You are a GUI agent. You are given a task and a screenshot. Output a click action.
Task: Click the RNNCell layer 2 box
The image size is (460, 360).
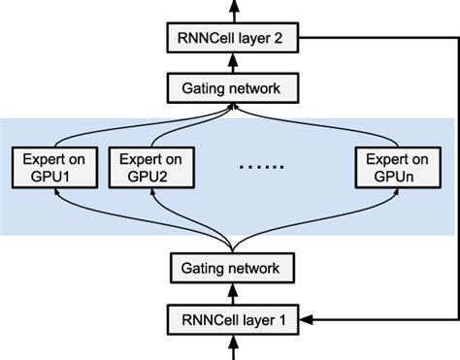[x=230, y=41]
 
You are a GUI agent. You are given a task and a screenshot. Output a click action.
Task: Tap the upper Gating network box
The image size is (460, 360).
[x=230, y=88]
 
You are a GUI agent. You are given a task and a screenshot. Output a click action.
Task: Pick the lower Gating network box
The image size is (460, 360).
[x=230, y=268]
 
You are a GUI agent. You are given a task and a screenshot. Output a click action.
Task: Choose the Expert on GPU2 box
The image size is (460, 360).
[x=148, y=168]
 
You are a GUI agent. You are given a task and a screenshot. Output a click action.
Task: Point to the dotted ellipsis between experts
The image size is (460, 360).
[x=262, y=167]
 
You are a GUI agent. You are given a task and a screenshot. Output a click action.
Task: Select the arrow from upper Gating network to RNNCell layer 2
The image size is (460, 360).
[x=230, y=64]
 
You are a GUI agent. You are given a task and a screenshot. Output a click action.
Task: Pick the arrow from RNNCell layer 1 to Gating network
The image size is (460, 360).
[x=230, y=292]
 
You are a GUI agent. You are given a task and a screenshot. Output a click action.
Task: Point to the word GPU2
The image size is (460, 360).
[x=148, y=177]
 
